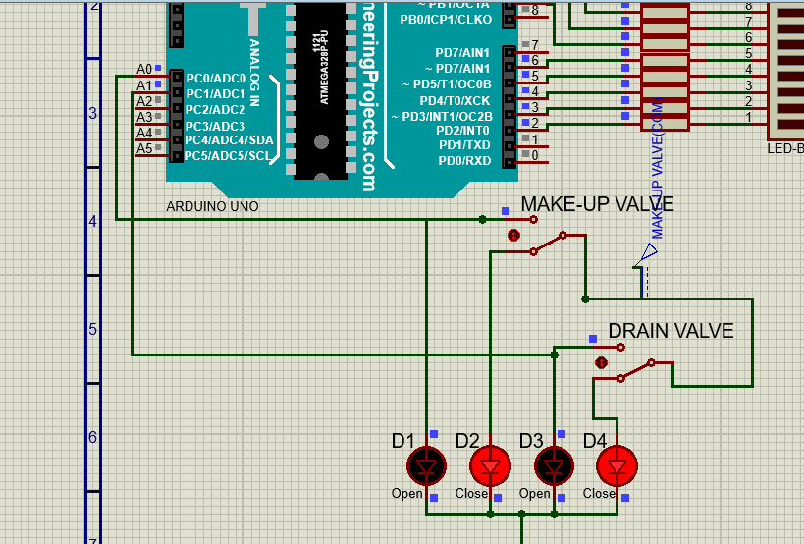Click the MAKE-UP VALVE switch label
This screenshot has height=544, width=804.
597,204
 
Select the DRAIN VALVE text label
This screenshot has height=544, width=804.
670,331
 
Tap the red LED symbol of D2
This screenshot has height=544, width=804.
490,465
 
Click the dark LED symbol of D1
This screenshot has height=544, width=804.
427,465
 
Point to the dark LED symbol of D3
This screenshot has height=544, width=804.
554,465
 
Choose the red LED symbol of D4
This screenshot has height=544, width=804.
617,465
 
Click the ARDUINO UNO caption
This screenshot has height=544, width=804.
212,207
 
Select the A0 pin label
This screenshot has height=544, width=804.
144,69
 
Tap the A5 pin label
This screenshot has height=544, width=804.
144,148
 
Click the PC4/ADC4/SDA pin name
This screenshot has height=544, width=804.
230,140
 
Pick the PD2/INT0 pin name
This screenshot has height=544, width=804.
462,131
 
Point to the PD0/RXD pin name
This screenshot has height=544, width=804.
464,161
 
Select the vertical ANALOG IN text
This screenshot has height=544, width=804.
254,74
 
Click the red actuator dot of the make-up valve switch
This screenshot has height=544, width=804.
512,236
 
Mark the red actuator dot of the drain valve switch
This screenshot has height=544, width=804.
601,362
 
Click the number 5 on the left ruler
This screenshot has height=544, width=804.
93,329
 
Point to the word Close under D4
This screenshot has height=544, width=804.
598,494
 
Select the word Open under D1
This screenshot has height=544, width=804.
406,494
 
